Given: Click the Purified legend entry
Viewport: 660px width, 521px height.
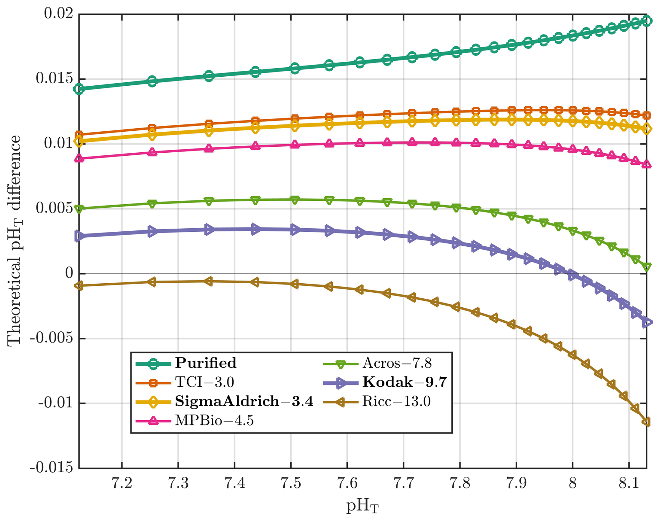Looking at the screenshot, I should pos(205,363).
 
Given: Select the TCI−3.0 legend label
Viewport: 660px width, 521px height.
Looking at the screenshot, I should pos(204,382).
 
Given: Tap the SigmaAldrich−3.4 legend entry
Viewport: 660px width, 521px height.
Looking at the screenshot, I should pos(244,401).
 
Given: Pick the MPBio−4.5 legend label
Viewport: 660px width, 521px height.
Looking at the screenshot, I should pos(214,421).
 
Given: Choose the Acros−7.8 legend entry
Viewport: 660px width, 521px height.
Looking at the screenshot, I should pos(397,363).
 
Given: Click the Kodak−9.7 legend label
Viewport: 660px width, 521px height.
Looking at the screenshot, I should pos(404,382).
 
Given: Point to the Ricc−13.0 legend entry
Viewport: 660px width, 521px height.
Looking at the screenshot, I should pos(396,401).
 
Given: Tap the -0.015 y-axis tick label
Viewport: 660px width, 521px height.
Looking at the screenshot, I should pos(52,467).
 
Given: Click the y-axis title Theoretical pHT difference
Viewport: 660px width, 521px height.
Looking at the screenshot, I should pos(15,240).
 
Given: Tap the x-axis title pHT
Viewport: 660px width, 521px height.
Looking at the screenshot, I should pos(362,506).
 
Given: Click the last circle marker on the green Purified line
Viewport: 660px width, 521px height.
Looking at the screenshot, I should pos(646,21).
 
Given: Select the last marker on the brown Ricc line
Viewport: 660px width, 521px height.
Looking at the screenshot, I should pos(646,422).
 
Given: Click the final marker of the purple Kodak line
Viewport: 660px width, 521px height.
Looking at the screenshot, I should pos(646,323).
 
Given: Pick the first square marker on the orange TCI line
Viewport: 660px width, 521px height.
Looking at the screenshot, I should pos(80,135).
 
